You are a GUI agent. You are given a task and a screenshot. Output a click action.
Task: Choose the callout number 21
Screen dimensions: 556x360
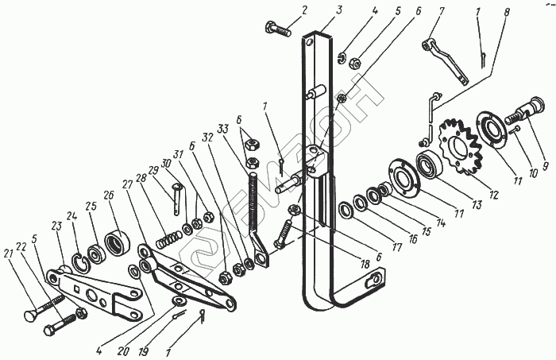tap(10, 253)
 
